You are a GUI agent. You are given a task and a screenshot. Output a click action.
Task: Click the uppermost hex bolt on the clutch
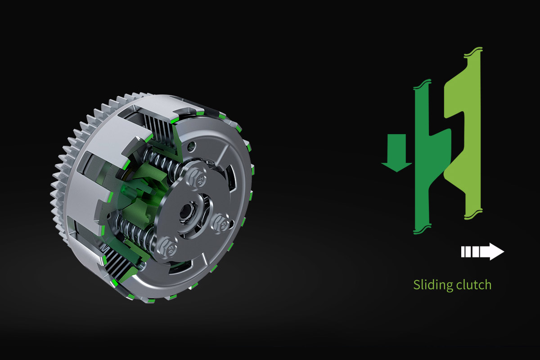point(197,177)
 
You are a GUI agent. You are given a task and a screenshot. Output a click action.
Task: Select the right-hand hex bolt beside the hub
point(221,224)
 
